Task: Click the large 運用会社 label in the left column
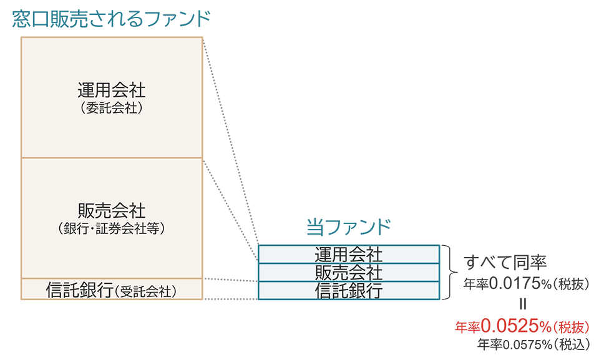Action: tap(112, 90)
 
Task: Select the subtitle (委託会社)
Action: tap(112, 109)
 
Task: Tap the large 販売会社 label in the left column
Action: tap(112, 210)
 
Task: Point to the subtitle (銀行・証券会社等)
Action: tap(112, 229)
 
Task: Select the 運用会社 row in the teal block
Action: tap(348, 255)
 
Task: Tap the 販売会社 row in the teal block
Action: tap(348, 273)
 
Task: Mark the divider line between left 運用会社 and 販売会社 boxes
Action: tap(112, 158)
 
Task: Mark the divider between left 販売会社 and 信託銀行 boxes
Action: tap(112, 278)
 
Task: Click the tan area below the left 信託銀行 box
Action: tap(112, 324)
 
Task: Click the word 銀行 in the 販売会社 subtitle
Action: tap(78, 229)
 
